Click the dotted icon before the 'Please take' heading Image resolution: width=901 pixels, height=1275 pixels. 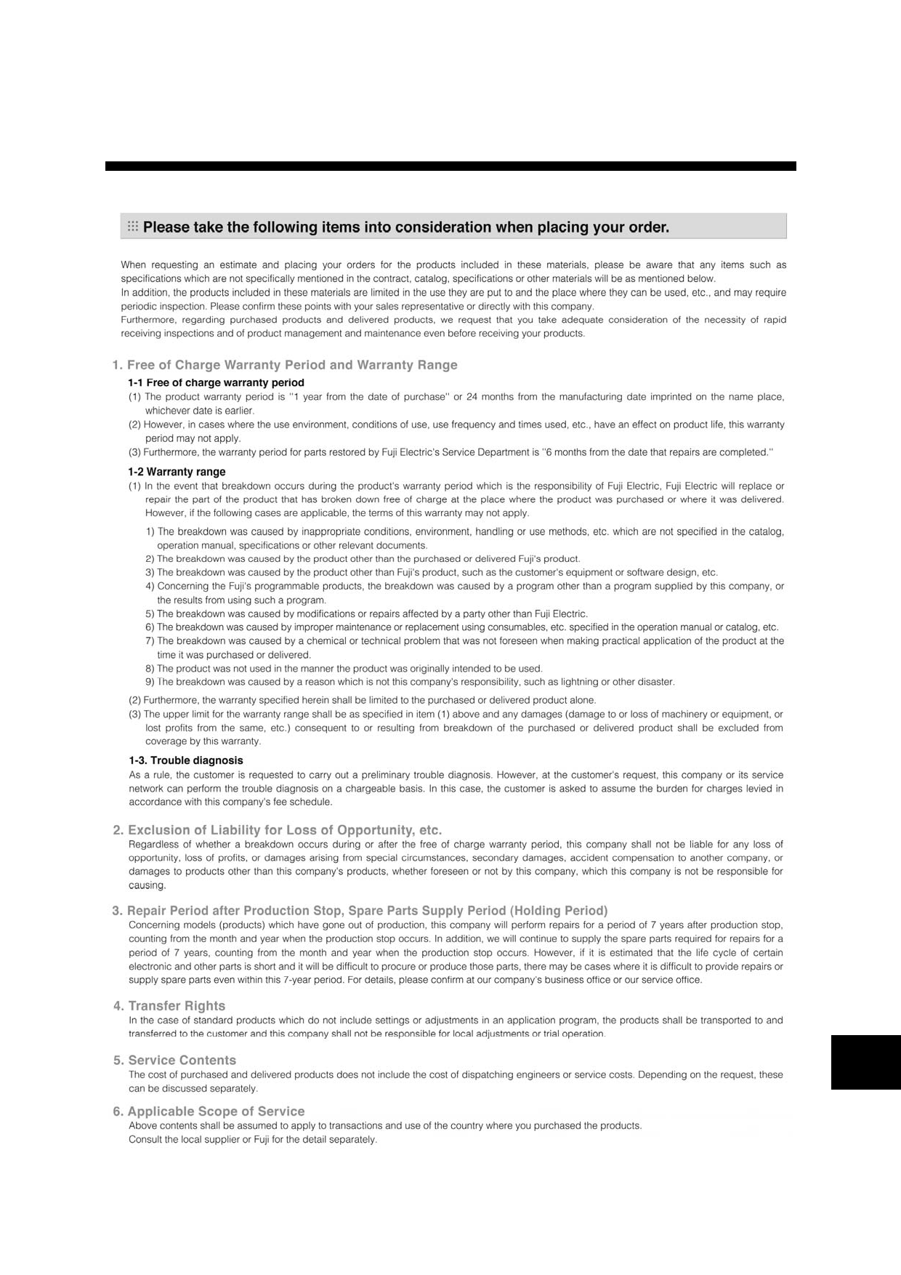133,227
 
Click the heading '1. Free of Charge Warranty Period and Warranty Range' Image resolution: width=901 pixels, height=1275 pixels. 285,365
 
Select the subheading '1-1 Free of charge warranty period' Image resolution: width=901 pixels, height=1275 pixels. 216,382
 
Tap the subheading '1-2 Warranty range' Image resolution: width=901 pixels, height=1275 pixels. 177,472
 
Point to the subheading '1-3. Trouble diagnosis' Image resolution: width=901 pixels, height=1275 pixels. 186,760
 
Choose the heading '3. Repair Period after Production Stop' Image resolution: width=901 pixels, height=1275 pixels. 360,911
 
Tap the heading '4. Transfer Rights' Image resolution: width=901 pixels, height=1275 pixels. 169,1006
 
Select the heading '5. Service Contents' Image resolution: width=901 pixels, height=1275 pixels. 175,1061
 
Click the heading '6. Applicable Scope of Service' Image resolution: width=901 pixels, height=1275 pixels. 209,1111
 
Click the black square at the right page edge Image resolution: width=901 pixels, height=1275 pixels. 865,1062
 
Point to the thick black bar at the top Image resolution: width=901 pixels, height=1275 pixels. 450,166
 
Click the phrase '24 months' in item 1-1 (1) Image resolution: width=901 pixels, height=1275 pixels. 488,397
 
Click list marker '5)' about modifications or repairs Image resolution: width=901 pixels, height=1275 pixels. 150,614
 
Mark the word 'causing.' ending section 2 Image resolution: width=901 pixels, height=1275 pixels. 148,885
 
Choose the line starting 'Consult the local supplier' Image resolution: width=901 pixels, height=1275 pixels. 253,1140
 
